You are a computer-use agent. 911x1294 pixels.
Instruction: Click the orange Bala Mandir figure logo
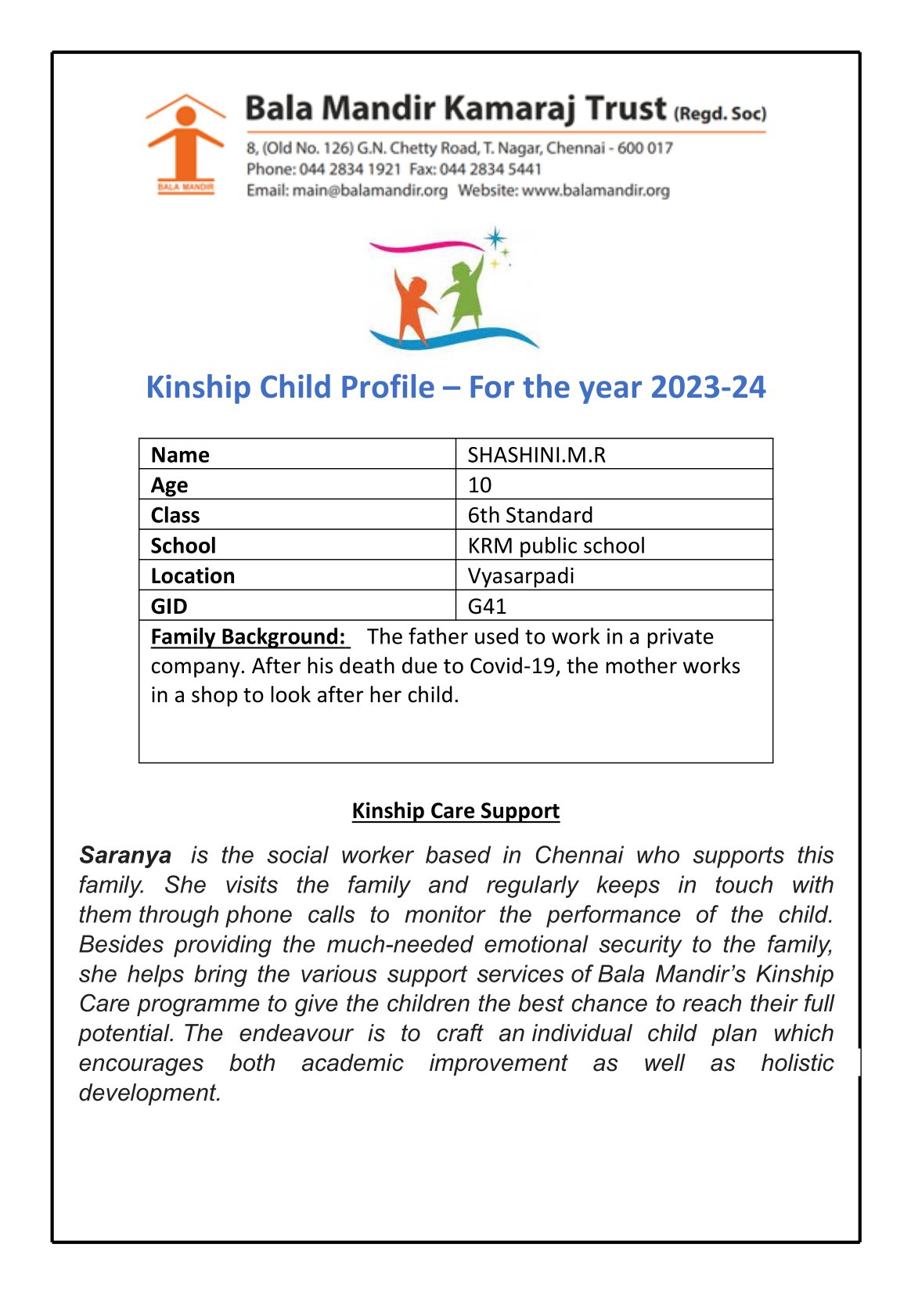pos(185,143)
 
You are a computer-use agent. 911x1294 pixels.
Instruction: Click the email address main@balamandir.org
pos(369,190)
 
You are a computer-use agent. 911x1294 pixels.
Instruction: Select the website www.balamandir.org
pos(595,190)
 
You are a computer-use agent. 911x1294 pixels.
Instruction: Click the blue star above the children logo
pos(495,238)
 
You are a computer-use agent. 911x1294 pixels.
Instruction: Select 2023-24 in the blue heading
pos(708,387)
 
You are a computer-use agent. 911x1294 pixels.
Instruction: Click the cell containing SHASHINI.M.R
pos(537,455)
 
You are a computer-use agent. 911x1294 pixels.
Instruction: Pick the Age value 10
pos(480,485)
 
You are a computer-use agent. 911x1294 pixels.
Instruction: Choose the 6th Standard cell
pos(530,515)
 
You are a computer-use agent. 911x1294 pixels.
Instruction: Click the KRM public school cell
pos(556,546)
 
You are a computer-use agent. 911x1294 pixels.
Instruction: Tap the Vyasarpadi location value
pos(521,576)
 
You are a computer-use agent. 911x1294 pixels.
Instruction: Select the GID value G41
pos(487,606)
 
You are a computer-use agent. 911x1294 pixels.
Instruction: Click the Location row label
pos(193,576)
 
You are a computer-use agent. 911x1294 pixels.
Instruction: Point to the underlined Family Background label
pos(248,636)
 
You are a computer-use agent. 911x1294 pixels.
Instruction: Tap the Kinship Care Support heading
pos(455,811)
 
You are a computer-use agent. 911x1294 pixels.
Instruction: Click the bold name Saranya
pos(125,855)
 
